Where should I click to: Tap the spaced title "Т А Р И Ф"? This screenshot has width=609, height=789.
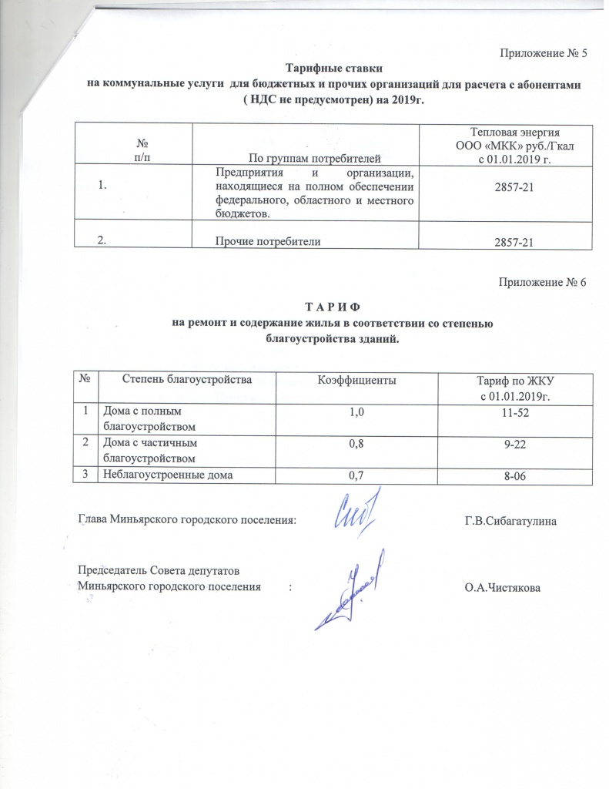pos(333,307)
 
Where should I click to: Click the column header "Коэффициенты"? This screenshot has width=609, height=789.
pos(358,380)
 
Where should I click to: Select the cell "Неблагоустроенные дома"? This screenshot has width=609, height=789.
pos(166,475)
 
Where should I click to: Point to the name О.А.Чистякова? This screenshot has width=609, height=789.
pos(504,588)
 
